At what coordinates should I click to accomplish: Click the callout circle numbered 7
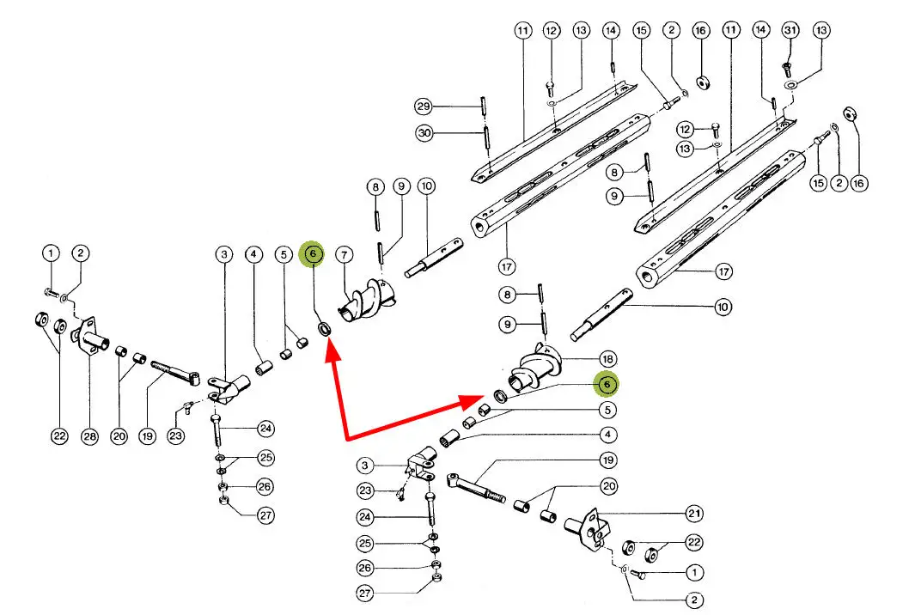pyautogui.click(x=344, y=254)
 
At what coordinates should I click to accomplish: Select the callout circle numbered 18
pyautogui.click(x=607, y=358)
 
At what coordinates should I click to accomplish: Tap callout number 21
pyautogui.click(x=694, y=514)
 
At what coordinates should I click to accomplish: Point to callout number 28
pyautogui.click(x=90, y=436)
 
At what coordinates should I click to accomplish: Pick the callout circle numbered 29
pyautogui.click(x=423, y=107)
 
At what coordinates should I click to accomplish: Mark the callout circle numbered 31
pyautogui.click(x=790, y=30)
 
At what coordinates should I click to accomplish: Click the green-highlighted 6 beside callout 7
pyautogui.click(x=313, y=253)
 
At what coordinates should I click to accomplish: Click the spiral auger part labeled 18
pyautogui.click(x=533, y=369)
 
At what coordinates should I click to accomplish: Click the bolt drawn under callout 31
pyautogui.click(x=787, y=64)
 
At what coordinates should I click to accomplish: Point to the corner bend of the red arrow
pyautogui.click(x=346, y=439)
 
